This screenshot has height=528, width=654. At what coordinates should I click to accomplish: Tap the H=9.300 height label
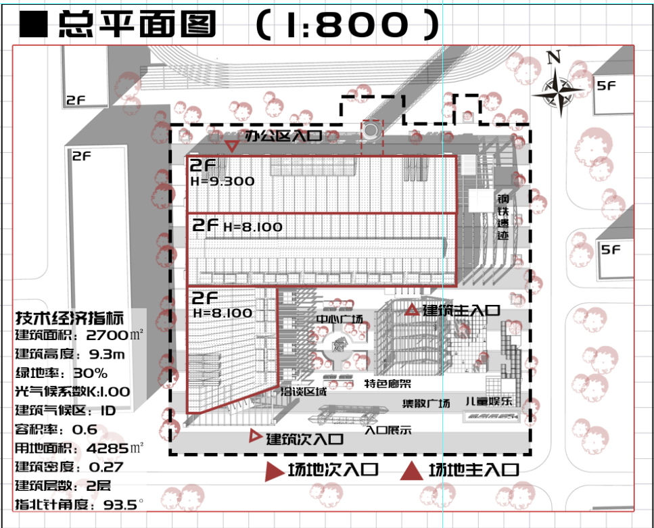click(223, 181)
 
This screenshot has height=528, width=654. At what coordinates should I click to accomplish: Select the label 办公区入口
click(283, 137)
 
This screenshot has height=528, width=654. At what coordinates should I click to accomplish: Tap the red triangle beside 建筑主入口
click(412, 310)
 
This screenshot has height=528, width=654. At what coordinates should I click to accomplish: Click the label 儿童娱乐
click(488, 402)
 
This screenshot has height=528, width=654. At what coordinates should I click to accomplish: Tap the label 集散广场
click(426, 404)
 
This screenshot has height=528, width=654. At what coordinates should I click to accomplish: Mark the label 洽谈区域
click(304, 391)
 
